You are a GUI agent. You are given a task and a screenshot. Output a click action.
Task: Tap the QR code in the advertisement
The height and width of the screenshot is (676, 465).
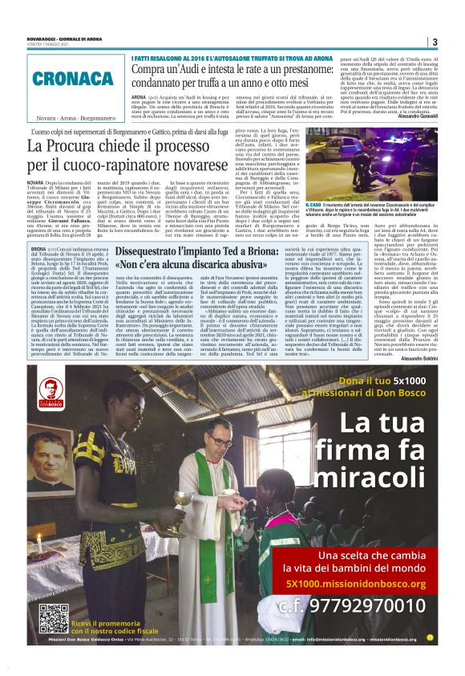pos(54,618)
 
